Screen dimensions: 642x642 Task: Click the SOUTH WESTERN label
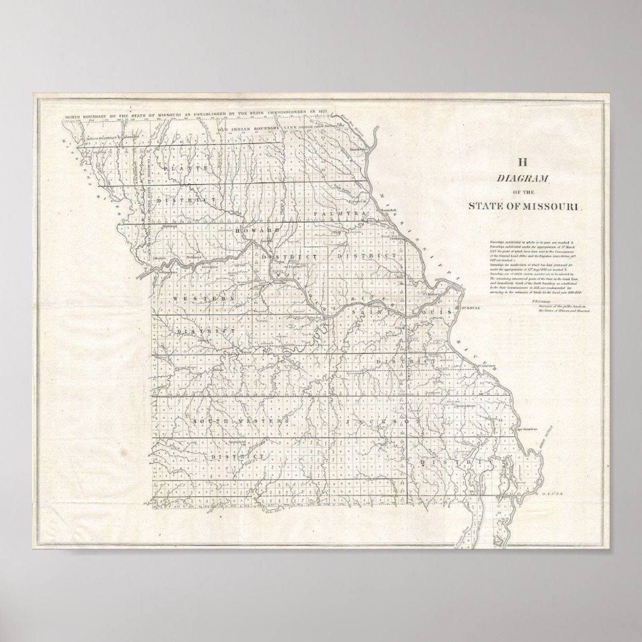pos(240,420)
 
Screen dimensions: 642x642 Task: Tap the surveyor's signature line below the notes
pos(559,307)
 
